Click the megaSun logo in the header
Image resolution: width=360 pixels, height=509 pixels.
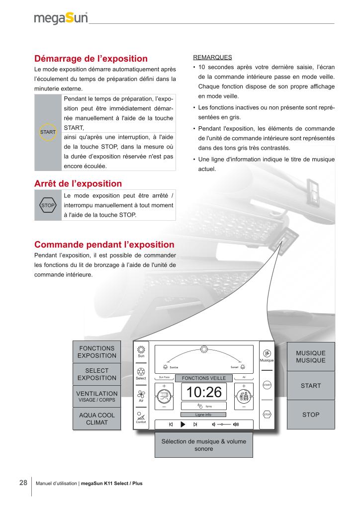point(61,18)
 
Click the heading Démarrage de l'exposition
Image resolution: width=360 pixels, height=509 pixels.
point(91,59)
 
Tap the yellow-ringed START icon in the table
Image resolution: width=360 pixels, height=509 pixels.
point(48,132)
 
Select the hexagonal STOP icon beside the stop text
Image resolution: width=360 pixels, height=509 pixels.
point(48,205)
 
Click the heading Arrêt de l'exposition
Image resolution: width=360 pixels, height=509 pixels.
point(78,184)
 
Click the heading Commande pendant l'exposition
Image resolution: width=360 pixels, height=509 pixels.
point(104,245)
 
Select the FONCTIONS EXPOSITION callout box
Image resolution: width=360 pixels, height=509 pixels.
point(97,352)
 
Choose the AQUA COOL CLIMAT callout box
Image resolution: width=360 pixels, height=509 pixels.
point(97,419)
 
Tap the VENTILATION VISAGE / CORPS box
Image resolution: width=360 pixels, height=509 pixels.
point(97,396)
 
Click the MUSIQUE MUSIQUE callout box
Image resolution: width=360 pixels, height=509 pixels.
point(311,356)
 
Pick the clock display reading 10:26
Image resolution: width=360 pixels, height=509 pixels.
point(204,392)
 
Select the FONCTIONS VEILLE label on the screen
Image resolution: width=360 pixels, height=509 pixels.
point(204,378)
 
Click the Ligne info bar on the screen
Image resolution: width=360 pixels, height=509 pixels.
point(203,414)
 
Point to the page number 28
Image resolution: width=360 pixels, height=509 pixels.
point(23,483)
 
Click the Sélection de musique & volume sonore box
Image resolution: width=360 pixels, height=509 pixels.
point(203,445)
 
